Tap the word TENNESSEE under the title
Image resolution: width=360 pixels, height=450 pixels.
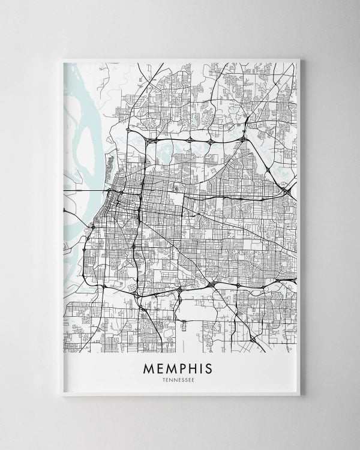click(x=179, y=379)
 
